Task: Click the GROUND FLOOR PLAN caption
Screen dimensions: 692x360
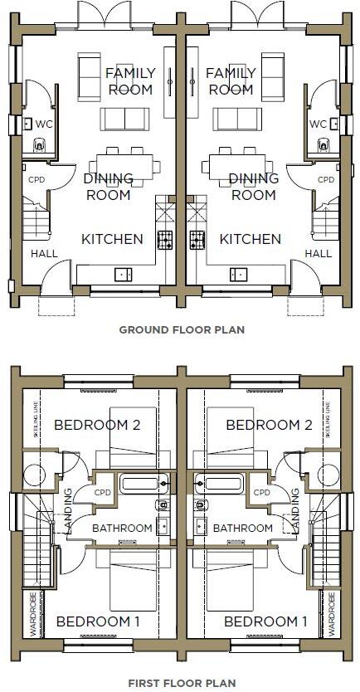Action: click(x=182, y=329)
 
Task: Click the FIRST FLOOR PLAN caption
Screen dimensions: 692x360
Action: click(x=182, y=684)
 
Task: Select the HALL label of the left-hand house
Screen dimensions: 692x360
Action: click(x=43, y=254)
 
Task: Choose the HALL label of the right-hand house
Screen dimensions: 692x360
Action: click(x=319, y=254)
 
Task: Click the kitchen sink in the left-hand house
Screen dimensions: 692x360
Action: click(x=123, y=273)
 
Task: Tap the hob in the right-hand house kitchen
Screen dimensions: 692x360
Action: click(x=197, y=241)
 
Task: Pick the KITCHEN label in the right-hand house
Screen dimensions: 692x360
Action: click(x=251, y=239)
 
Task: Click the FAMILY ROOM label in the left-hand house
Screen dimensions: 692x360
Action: click(x=130, y=81)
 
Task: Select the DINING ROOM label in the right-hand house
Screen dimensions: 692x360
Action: click(x=253, y=187)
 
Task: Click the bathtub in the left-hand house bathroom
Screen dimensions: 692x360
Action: click(x=145, y=482)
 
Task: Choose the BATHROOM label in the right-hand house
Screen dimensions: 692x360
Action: click(x=243, y=528)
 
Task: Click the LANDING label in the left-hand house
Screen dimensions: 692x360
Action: click(x=67, y=510)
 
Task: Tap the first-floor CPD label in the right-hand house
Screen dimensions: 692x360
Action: click(x=262, y=493)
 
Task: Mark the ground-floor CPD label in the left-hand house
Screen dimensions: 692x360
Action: click(x=36, y=179)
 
